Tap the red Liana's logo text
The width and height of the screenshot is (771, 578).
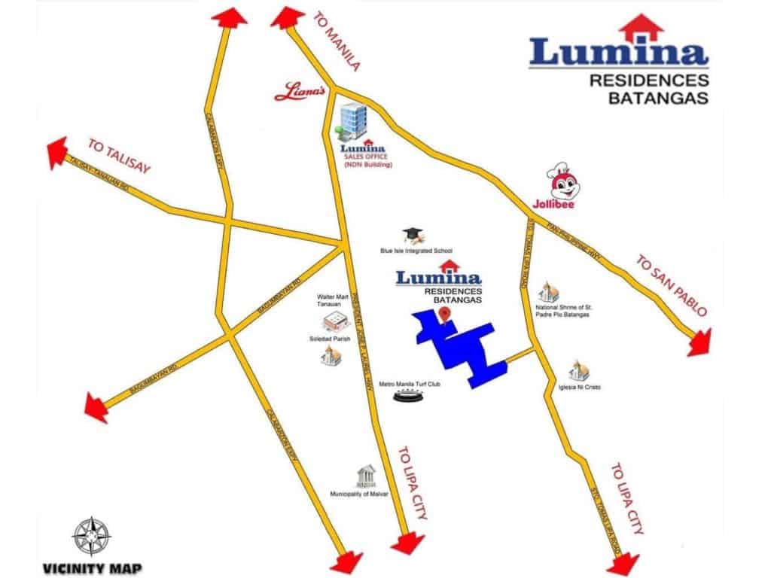tap(299, 91)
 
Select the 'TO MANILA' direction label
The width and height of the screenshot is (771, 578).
tap(336, 41)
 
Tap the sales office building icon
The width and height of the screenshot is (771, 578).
tap(351, 120)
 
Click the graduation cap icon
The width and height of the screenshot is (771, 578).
tap(413, 234)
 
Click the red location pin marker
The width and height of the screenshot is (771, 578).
tap(446, 312)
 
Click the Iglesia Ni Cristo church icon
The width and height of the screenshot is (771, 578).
tap(578, 369)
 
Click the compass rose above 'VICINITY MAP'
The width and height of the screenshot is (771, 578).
tap(90, 536)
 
